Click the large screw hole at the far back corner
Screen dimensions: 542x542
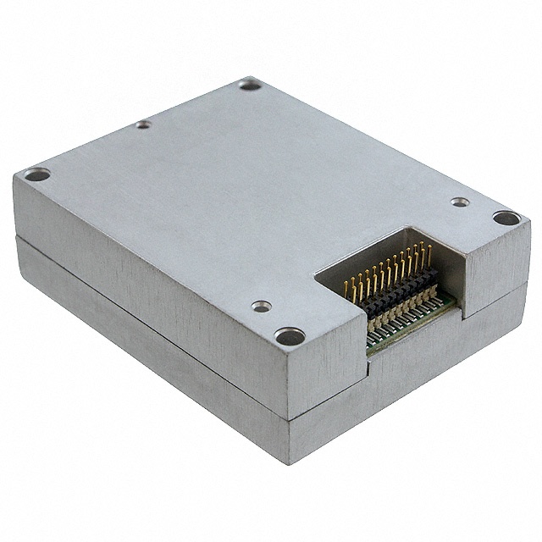[249, 84]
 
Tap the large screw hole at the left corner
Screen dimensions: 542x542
[36, 175]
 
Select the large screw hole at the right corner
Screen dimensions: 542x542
[506, 218]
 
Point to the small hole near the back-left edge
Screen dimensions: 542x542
[144, 124]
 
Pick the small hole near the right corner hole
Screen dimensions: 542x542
[459, 202]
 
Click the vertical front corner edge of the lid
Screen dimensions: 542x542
[287, 381]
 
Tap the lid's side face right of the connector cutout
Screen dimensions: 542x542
[500, 271]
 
